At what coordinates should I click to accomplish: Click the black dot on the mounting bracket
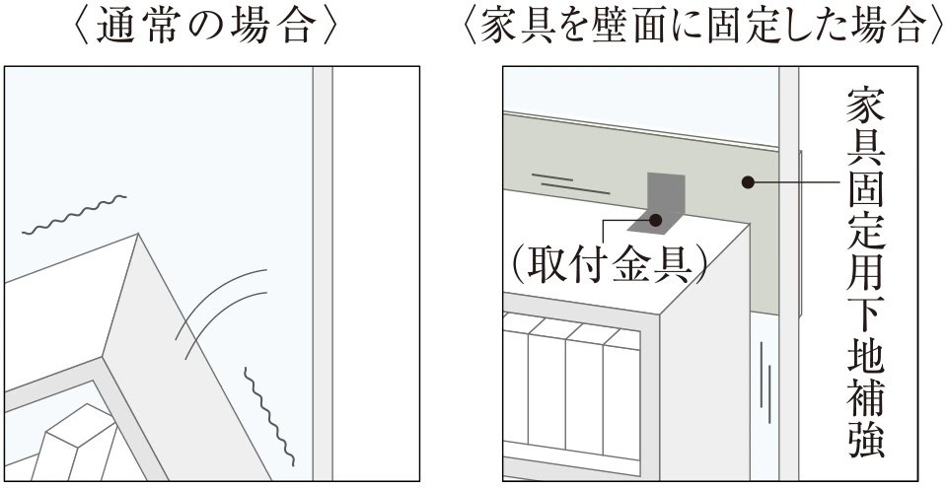(x=655, y=219)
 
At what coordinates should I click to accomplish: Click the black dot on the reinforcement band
(x=747, y=181)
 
